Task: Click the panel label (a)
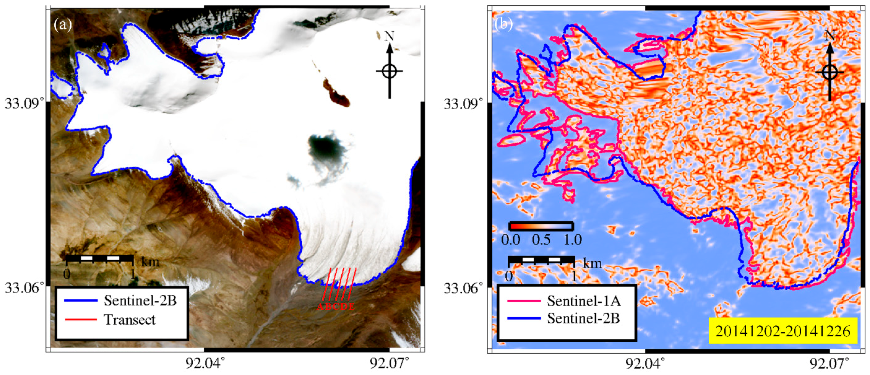[x=63, y=24]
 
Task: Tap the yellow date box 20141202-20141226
[x=783, y=331]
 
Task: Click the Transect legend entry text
[x=130, y=320]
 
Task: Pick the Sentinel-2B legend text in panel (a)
[x=140, y=300]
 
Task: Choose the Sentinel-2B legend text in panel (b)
[x=583, y=319]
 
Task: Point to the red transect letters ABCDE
[x=336, y=307]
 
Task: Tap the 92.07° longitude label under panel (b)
[x=829, y=364]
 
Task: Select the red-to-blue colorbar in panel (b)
[x=541, y=226]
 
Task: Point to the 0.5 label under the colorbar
[x=541, y=240]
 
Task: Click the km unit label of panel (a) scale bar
[x=150, y=261]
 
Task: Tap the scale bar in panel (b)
[x=541, y=259]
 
